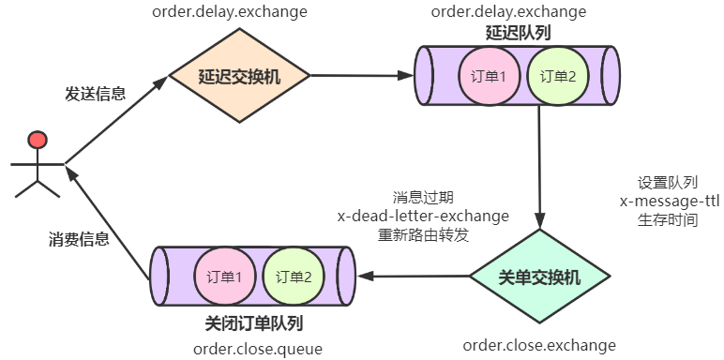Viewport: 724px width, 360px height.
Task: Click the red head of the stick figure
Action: (x=37, y=142)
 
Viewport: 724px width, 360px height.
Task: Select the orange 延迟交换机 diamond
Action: (x=239, y=76)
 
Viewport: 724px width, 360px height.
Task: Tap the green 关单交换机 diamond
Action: (x=539, y=277)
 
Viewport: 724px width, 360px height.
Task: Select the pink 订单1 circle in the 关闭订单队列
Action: (x=224, y=277)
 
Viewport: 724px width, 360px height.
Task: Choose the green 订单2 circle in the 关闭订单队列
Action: (x=294, y=277)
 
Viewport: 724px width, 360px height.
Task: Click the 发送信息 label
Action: (x=95, y=94)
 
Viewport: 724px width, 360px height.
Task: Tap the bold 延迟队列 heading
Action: (x=518, y=32)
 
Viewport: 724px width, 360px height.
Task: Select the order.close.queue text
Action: (x=258, y=349)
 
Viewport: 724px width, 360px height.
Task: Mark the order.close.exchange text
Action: (x=539, y=345)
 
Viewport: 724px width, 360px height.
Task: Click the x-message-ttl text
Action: (x=669, y=202)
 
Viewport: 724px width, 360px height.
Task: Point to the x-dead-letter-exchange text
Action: (x=423, y=216)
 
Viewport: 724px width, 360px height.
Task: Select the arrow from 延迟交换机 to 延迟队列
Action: (x=361, y=75)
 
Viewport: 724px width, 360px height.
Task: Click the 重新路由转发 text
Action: (x=423, y=234)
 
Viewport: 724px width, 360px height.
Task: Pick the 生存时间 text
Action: (x=667, y=219)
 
